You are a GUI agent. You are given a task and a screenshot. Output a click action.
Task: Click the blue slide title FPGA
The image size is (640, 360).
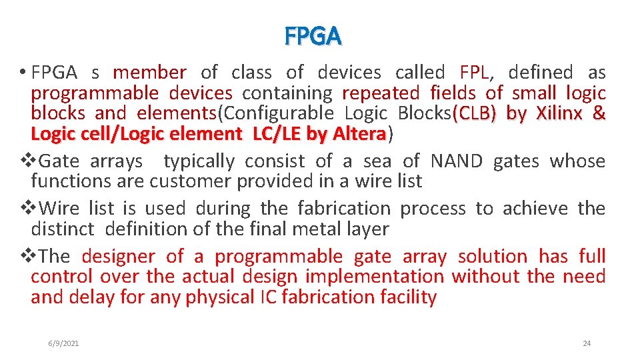313,37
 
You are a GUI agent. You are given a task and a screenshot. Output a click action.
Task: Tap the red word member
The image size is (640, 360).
149,72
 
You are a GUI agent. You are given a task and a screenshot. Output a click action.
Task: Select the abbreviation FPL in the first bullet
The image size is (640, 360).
475,72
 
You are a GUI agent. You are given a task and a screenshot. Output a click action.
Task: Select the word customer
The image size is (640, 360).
187,181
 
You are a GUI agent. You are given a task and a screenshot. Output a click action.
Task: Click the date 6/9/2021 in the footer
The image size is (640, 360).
63,343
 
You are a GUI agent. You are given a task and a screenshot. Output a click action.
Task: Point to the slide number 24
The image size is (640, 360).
587,343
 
